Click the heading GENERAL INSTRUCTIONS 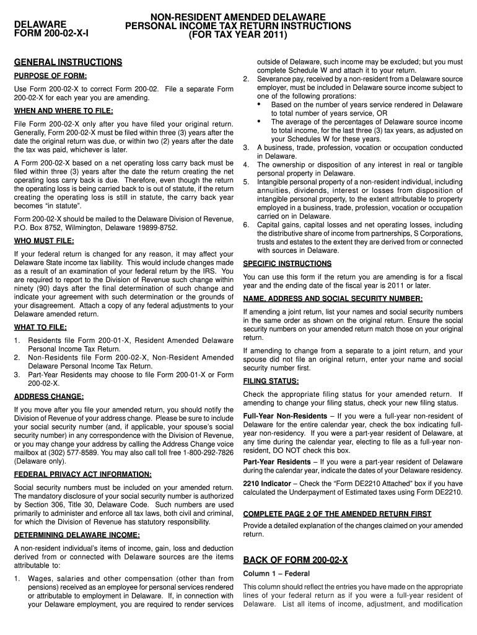(68, 63)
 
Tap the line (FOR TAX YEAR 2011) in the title (238, 35)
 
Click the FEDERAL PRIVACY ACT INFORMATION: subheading (82, 474)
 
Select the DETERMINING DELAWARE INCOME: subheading (77, 535)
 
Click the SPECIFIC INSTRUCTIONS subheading (287, 264)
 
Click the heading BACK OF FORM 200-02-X (295, 560)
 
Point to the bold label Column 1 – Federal (276, 573)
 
